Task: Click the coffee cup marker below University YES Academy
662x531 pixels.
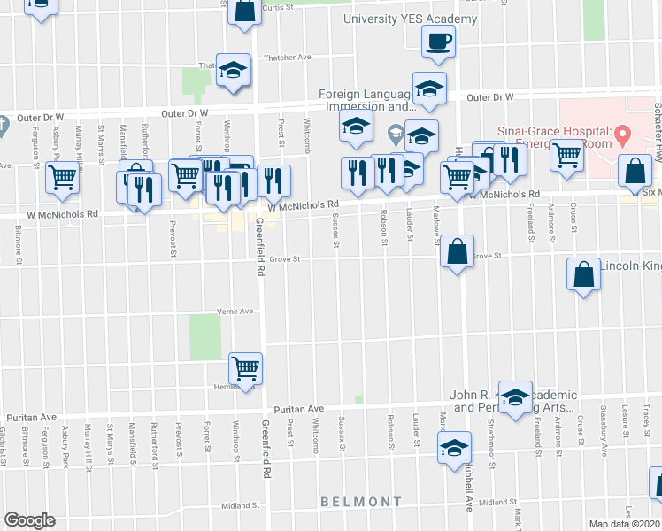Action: (x=438, y=41)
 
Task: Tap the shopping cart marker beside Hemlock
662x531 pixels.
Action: (x=246, y=367)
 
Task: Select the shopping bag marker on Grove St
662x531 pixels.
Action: (x=456, y=251)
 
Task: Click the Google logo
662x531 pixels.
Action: (x=29, y=520)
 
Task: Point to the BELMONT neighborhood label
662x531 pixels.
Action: (x=361, y=502)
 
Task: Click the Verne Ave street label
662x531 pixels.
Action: (x=235, y=312)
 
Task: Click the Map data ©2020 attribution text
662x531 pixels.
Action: (x=623, y=524)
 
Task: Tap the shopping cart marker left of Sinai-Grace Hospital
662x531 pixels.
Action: (x=566, y=156)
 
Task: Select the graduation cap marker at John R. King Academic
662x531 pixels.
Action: (x=515, y=398)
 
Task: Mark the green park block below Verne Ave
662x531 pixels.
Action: (x=204, y=337)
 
